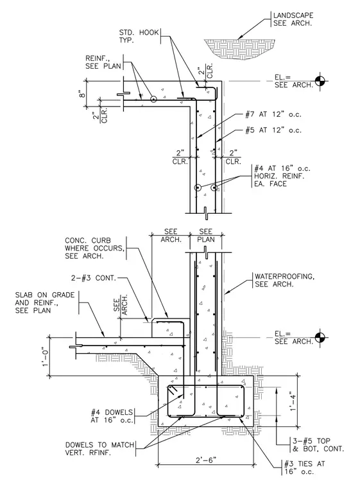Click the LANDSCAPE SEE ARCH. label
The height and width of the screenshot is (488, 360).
[x=293, y=19]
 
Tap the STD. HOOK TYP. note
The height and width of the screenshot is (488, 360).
[x=139, y=36]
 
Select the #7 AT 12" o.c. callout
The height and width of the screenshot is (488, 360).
[x=273, y=114]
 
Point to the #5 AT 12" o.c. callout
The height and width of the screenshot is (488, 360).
[x=273, y=130]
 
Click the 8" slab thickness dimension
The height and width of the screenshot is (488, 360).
[x=82, y=94]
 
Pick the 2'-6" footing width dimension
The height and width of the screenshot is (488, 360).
[x=206, y=460]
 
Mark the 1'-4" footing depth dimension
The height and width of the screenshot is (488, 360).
[x=292, y=401]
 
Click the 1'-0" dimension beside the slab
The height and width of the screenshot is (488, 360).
[x=46, y=356]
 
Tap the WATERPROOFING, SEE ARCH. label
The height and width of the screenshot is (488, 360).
[x=284, y=280]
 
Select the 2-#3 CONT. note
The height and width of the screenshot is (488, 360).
[x=93, y=278]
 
